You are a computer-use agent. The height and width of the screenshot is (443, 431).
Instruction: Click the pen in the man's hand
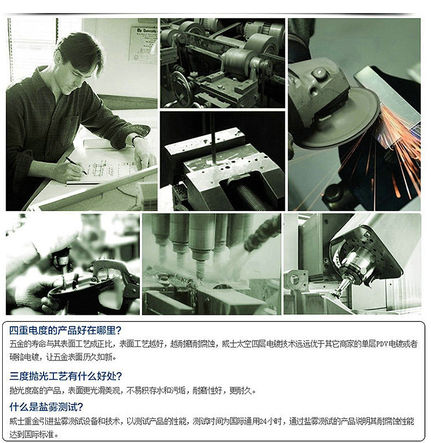(x=76, y=165)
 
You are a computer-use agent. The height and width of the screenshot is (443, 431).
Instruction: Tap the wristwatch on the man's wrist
(x=136, y=138)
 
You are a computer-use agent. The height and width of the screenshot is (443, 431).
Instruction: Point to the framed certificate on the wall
(x=143, y=44)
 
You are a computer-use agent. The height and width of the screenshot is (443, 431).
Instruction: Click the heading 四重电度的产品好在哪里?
(x=65, y=330)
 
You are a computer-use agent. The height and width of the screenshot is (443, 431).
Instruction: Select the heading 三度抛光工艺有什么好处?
(x=65, y=376)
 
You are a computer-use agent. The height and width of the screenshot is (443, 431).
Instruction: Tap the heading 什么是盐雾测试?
(x=46, y=407)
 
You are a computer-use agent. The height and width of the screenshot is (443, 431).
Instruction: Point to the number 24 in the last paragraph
(x=263, y=422)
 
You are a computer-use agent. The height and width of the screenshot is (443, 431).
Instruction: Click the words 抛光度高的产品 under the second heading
(x=35, y=391)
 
